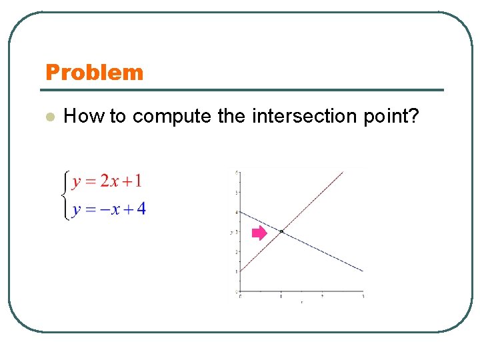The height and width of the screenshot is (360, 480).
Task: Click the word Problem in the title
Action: [94, 72]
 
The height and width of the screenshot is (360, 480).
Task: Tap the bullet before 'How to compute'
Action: [48, 117]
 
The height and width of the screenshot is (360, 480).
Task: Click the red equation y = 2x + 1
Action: [107, 181]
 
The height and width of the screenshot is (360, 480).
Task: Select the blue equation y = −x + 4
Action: [109, 209]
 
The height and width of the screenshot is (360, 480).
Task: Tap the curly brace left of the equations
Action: [63, 195]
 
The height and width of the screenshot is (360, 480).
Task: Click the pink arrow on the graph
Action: [259, 233]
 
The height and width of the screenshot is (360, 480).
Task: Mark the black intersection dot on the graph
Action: [281, 231]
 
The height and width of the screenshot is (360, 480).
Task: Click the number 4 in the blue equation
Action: [141, 209]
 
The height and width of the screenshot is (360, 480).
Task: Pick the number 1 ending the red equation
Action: [137, 181]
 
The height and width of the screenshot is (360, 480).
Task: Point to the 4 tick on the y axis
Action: [237, 212]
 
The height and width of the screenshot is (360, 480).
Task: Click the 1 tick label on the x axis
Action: [281, 296]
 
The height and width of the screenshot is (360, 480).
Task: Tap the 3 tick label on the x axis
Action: [363, 296]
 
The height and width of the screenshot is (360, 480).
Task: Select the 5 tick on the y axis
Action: [237, 192]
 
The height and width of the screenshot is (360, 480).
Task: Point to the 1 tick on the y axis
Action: [237, 272]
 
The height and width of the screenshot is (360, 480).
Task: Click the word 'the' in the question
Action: [231, 116]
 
